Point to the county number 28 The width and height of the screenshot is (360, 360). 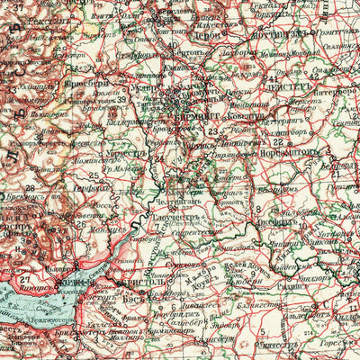(29, 189)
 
